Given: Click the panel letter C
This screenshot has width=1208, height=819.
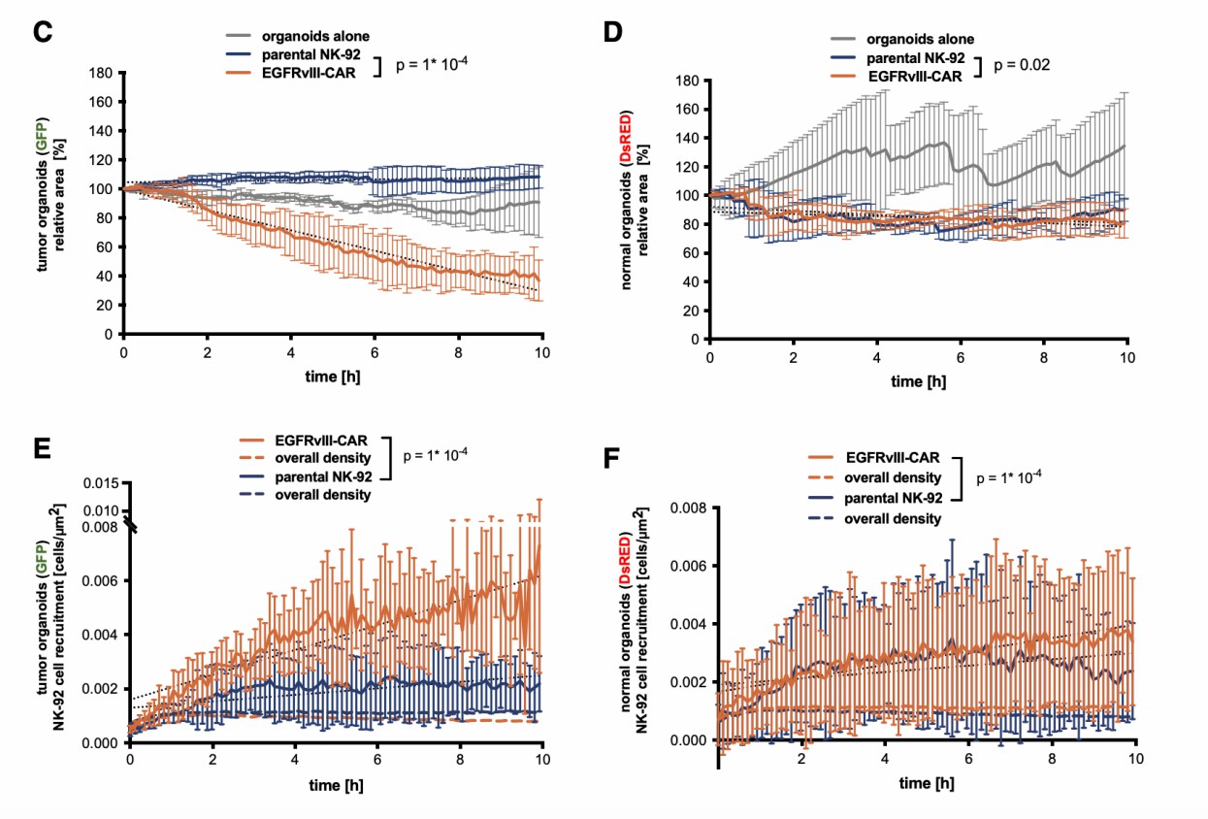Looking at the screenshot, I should (x=41, y=30).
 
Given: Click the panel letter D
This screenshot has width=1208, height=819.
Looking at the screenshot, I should (x=612, y=33).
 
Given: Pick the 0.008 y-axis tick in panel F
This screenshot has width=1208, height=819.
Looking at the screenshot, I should (x=687, y=506).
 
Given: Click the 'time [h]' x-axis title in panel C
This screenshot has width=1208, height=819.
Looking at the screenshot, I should (x=332, y=374).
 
